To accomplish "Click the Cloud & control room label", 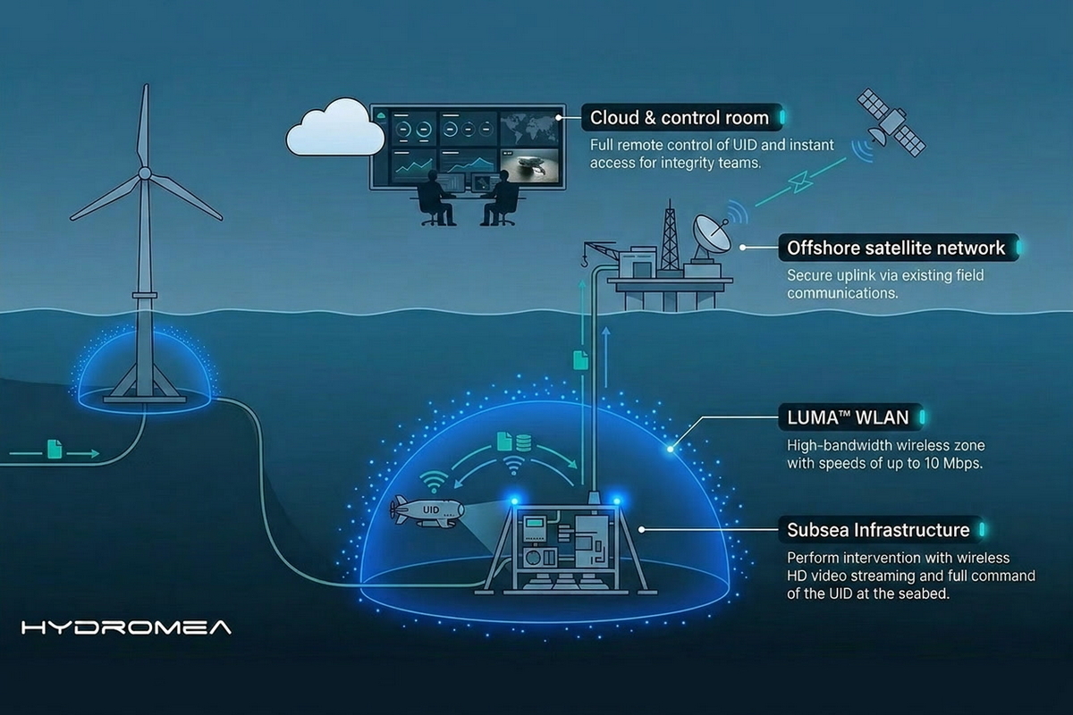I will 680,117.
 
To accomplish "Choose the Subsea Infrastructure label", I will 878,530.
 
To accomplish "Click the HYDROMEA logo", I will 126,627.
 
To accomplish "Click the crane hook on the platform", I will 582,261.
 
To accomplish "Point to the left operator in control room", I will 438,198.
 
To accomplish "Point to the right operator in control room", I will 496,198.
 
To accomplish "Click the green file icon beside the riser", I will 579,360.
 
